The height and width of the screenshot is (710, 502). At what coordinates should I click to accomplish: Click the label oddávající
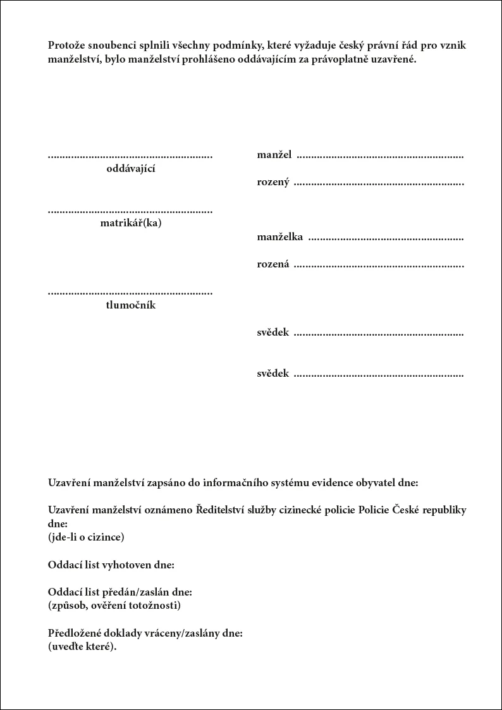click(131, 169)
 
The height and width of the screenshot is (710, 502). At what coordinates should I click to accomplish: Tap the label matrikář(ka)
click(131, 223)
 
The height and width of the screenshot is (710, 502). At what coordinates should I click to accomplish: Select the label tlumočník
click(131, 305)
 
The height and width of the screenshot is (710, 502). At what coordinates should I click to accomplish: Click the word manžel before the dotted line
click(274, 154)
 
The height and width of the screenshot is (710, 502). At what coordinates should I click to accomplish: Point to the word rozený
click(273, 183)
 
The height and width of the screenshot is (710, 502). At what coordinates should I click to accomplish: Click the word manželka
click(279, 237)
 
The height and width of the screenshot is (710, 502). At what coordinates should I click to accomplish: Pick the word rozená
click(273, 264)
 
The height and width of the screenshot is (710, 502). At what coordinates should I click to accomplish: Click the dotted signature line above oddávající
click(130, 156)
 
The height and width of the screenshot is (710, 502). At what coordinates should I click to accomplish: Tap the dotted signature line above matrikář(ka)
click(130, 211)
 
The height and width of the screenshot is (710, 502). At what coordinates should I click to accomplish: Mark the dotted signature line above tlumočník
click(130, 293)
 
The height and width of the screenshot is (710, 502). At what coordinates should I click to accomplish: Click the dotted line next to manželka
click(385, 238)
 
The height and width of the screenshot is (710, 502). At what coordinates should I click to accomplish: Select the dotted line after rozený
click(379, 184)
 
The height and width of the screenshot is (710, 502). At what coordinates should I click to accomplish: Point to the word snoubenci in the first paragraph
click(114, 46)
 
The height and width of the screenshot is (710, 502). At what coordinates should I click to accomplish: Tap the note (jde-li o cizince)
click(86, 537)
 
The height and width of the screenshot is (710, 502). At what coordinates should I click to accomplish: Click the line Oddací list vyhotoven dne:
click(111, 564)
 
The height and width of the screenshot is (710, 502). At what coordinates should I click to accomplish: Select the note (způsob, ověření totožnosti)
click(114, 605)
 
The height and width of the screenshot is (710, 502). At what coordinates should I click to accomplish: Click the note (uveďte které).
click(83, 646)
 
